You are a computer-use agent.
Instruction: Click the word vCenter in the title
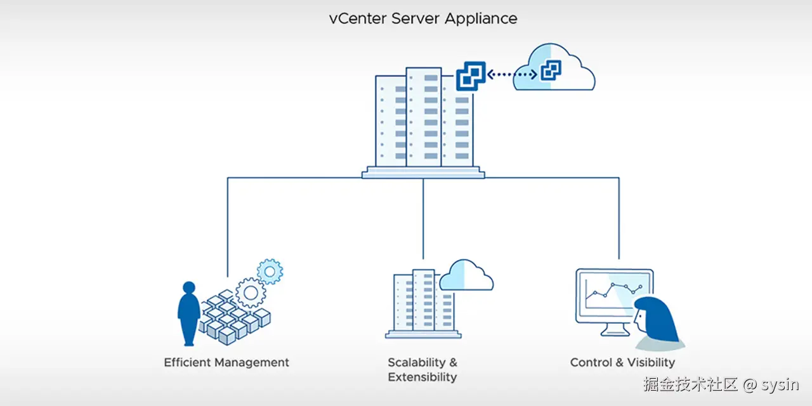[x=357, y=18]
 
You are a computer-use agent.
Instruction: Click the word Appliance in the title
[x=481, y=19]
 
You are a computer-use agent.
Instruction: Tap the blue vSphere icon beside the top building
[x=471, y=77]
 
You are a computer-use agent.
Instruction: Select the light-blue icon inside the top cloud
[x=550, y=70]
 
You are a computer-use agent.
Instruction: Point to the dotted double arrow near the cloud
[x=512, y=75]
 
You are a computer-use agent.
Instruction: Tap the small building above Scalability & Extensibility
[x=422, y=303]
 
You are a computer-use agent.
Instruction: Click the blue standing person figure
[x=188, y=313]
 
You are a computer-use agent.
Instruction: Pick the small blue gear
[x=270, y=272]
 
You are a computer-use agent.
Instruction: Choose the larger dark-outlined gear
[x=251, y=292]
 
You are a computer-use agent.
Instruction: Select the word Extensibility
[x=422, y=377]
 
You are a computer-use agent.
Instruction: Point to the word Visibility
[x=651, y=363]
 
